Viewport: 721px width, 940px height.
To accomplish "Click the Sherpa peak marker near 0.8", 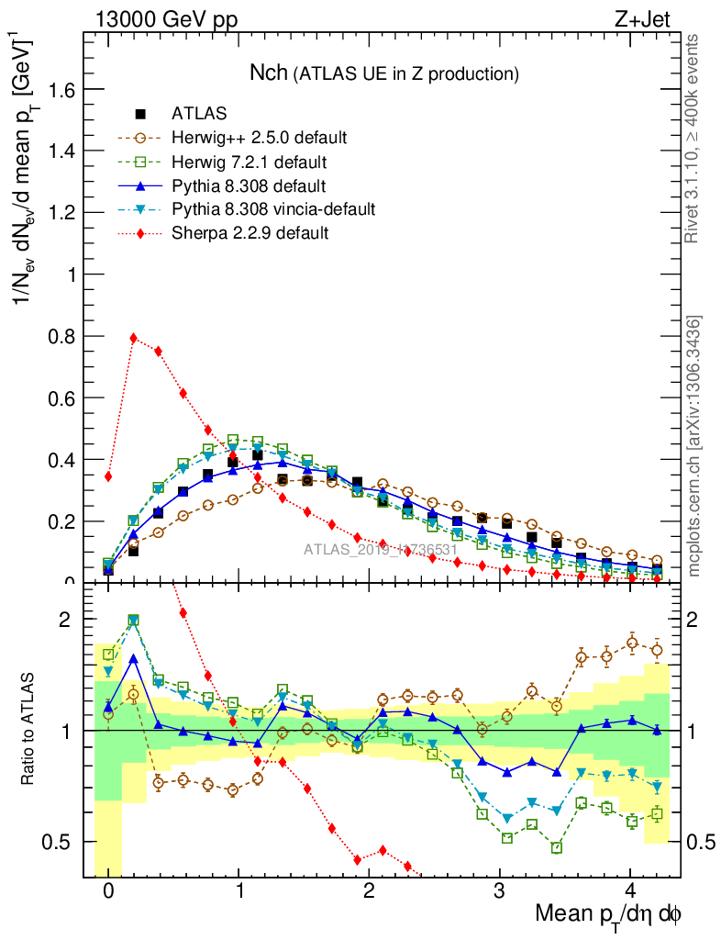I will [134, 338].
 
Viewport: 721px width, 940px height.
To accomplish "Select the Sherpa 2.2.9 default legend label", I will [250, 233].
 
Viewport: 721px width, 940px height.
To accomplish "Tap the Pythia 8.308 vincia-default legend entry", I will [273, 209].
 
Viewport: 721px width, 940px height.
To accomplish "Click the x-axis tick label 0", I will [108, 891].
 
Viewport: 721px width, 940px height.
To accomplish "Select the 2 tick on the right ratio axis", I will [698, 620].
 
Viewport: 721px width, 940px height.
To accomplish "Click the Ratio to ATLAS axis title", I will [28, 731].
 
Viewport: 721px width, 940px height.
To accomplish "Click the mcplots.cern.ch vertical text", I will [694, 446].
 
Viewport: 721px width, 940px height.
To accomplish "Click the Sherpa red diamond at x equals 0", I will [108, 476].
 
